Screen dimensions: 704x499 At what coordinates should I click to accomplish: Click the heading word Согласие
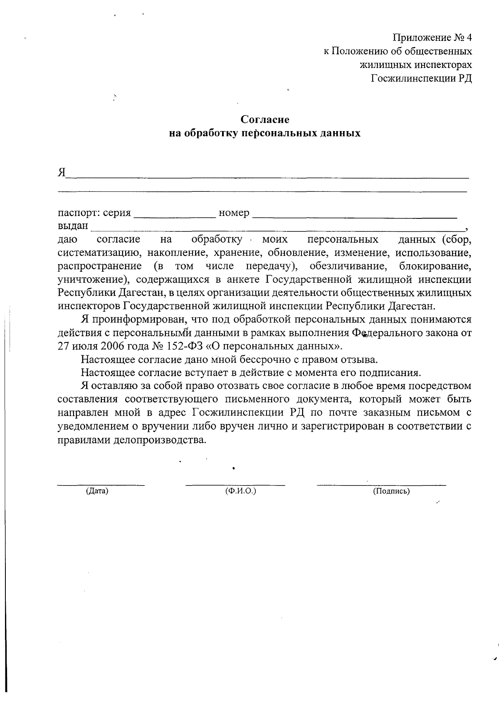click(x=265, y=120)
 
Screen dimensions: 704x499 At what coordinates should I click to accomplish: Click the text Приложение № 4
click(x=432, y=38)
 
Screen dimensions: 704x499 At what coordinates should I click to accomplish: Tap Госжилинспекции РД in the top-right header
click(x=421, y=78)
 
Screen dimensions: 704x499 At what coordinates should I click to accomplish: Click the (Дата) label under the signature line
click(x=97, y=491)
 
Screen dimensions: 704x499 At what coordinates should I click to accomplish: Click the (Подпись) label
click(x=391, y=491)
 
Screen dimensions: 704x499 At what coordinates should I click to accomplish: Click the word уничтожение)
click(x=91, y=279)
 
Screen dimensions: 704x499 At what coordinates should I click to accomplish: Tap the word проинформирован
click(x=141, y=320)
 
